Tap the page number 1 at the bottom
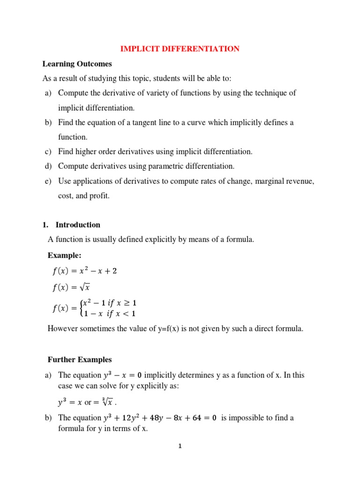coord(180,446)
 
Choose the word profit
coord(100,195)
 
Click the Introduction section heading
coord(78,225)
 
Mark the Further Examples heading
coord(80,360)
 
